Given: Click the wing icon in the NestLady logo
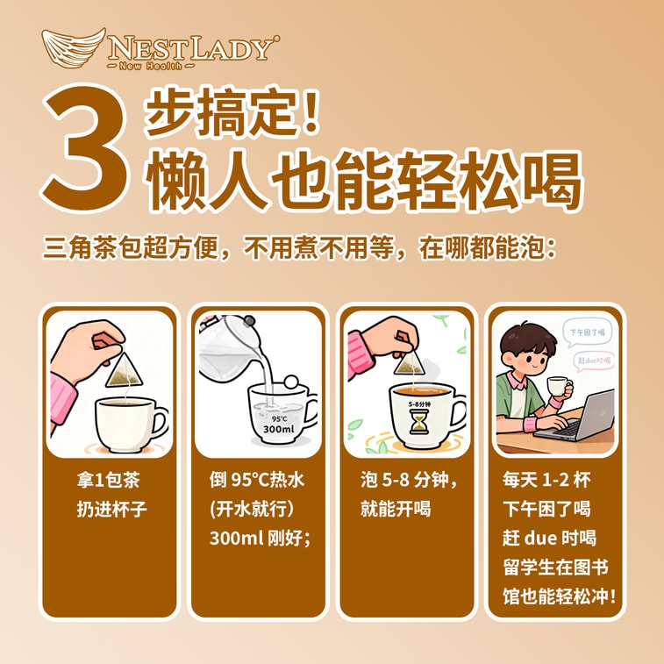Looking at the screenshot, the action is [x=73, y=47].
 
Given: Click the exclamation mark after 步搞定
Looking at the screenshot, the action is [x=312, y=111].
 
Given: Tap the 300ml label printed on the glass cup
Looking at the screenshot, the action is [x=278, y=429].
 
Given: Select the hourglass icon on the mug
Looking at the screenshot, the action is [x=419, y=422].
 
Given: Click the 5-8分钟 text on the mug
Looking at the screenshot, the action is [x=419, y=404].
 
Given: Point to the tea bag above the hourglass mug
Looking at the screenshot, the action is [x=409, y=362].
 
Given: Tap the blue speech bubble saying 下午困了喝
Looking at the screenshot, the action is [x=587, y=332].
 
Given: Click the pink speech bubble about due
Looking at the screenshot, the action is [x=594, y=361].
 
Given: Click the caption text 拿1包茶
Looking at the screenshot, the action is [x=109, y=480].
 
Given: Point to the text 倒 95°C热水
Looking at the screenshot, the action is [x=257, y=480].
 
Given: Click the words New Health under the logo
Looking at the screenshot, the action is [x=150, y=66].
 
